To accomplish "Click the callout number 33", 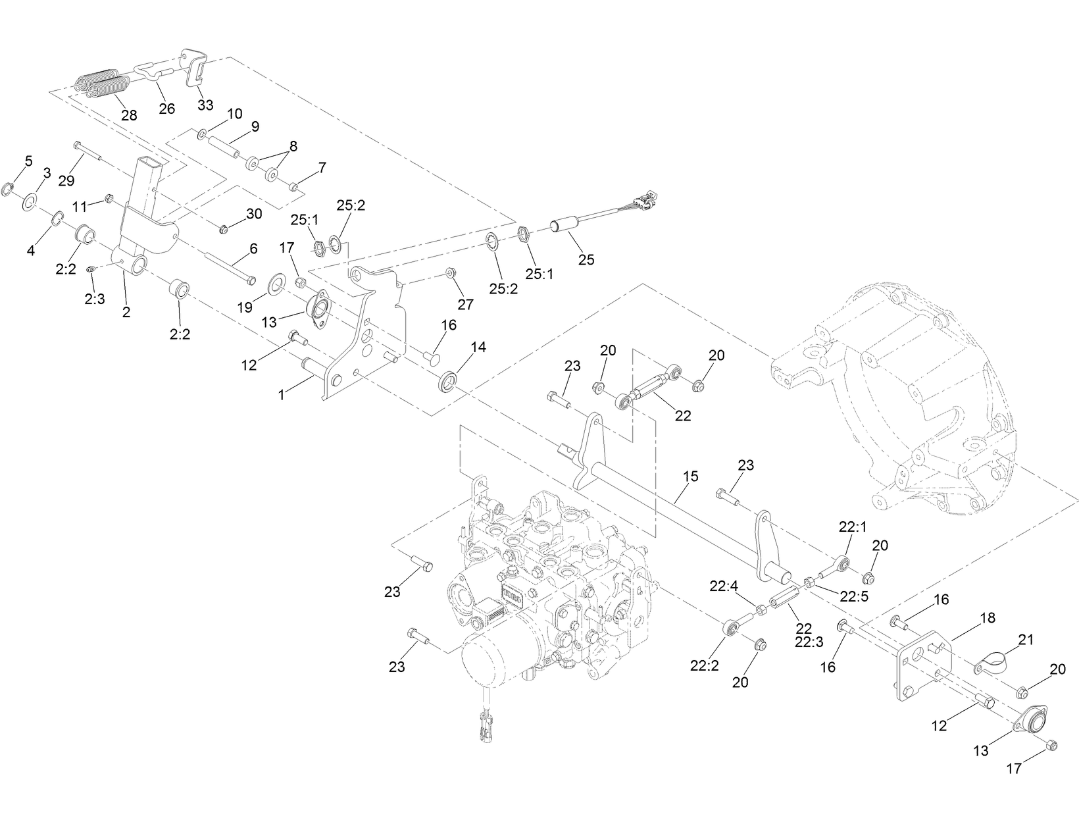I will tap(205, 105).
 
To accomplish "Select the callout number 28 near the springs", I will tap(129, 115).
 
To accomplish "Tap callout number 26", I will tap(167, 109).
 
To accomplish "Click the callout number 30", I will tap(254, 214).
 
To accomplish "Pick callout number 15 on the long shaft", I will tap(691, 476).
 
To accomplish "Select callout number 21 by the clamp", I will tap(1026, 639).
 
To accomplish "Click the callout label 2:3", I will tap(95, 299).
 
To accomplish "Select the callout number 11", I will tap(80, 206).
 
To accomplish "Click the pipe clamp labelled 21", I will tap(988, 662).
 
